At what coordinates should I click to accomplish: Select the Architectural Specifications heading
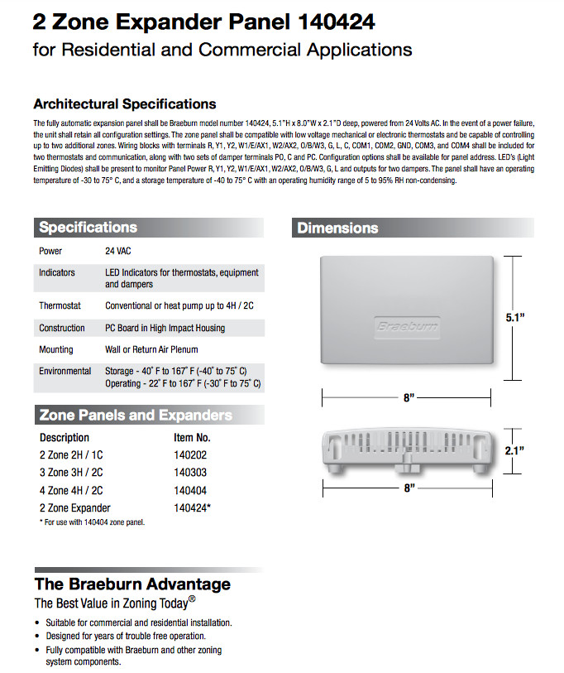[124, 104]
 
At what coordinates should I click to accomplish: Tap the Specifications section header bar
[149, 228]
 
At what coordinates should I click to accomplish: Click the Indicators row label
[56, 272]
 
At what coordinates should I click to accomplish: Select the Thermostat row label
[60, 305]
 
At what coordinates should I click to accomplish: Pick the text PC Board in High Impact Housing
[165, 328]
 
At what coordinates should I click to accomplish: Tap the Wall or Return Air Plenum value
[151, 349]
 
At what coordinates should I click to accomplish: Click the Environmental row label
[65, 372]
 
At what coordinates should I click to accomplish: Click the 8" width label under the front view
[409, 398]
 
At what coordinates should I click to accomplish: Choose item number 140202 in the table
[189, 455]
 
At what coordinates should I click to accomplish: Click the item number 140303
[189, 473]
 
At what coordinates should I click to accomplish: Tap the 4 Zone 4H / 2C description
[71, 490]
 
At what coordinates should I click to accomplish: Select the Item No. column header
[192, 437]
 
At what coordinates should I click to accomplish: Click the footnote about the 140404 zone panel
[92, 522]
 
